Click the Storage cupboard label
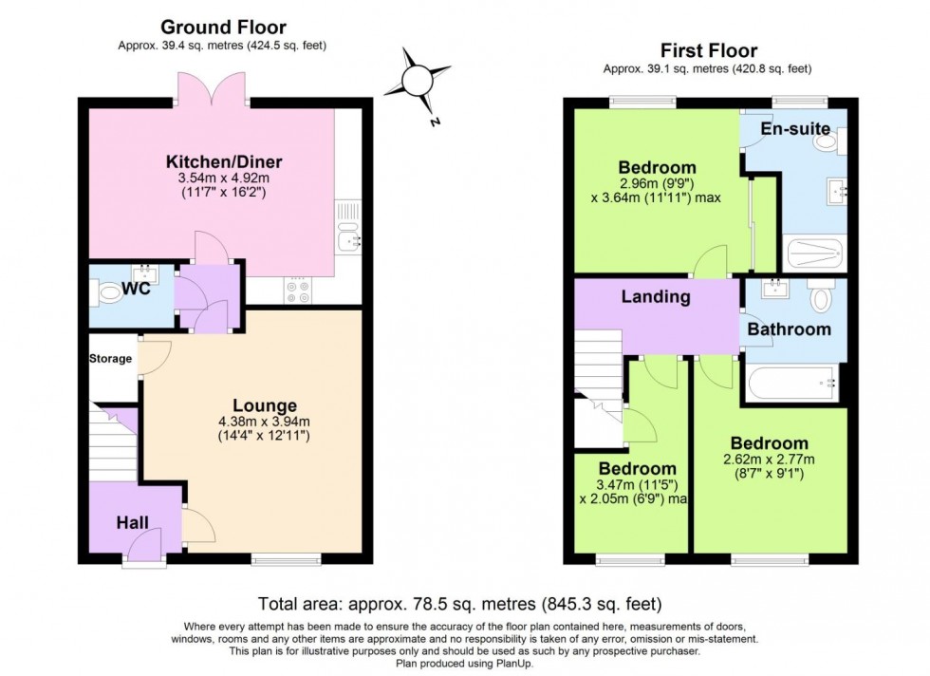click(111, 359)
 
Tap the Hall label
click(133, 522)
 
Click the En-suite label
click(796, 128)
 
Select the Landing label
click(655, 297)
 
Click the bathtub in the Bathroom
click(791, 384)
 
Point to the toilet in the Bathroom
click(822, 297)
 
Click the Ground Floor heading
click(223, 27)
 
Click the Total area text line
click(459, 604)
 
